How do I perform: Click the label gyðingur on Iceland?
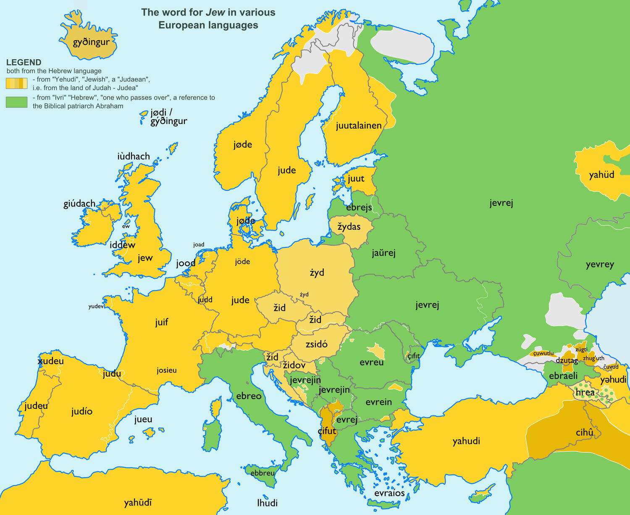click(x=91, y=42)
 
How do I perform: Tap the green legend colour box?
click(x=16, y=102)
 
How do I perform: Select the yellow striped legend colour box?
click(x=16, y=83)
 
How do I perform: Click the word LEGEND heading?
click(x=24, y=63)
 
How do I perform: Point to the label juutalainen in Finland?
click(x=359, y=125)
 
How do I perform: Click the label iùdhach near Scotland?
click(x=134, y=156)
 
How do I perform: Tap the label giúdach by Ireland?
click(x=79, y=204)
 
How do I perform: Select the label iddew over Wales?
click(x=122, y=245)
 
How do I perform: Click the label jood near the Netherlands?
click(x=186, y=263)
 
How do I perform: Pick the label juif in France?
click(x=162, y=322)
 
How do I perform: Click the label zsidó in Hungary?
click(x=316, y=344)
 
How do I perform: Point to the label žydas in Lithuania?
click(x=349, y=227)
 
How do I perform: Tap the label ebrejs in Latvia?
click(x=359, y=208)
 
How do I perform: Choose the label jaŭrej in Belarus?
click(x=383, y=253)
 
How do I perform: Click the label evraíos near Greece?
click(x=389, y=493)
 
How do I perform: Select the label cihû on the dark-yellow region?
click(x=584, y=432)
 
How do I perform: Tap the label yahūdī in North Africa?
click(x=138, y=502)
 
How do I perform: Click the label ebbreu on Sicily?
click(x=262, y=473)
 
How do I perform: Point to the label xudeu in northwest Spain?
click(x=50, y=361)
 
